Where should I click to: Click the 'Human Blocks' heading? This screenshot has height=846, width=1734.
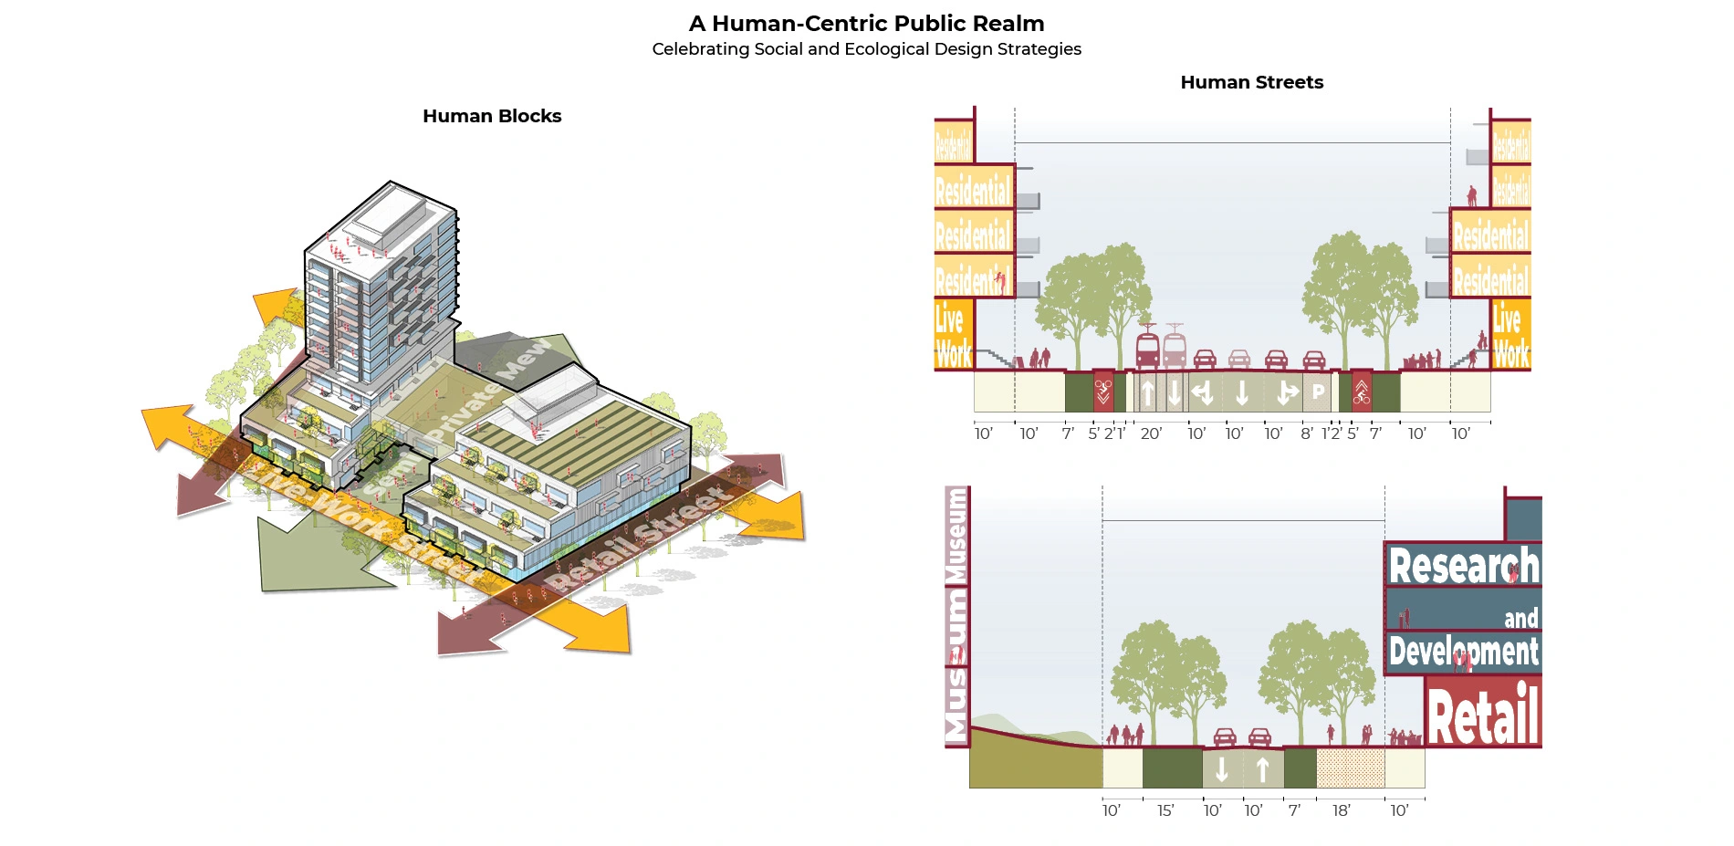492,116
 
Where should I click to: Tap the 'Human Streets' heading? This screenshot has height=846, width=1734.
1251,82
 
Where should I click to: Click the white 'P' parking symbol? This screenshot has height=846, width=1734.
1318,392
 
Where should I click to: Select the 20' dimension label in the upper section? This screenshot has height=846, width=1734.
1151,433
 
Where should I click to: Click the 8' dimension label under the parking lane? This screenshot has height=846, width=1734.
1307,433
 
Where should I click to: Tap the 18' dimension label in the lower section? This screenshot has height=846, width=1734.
1341,810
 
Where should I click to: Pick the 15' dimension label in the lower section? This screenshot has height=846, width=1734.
1165,810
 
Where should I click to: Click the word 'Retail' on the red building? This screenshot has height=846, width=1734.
1483,716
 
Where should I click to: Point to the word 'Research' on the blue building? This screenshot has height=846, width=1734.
1463,566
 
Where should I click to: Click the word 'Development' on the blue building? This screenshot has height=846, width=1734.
1463,652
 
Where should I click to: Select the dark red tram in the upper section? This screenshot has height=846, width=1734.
1147,348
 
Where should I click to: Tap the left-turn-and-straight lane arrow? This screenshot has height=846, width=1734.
1202,393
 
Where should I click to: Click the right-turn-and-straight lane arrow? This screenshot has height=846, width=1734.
1287,393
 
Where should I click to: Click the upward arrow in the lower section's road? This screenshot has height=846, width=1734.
1263,770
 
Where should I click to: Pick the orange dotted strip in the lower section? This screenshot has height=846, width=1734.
1350,768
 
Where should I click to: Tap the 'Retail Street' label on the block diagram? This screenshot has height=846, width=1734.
639,538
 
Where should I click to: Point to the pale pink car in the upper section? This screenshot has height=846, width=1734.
1239,358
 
